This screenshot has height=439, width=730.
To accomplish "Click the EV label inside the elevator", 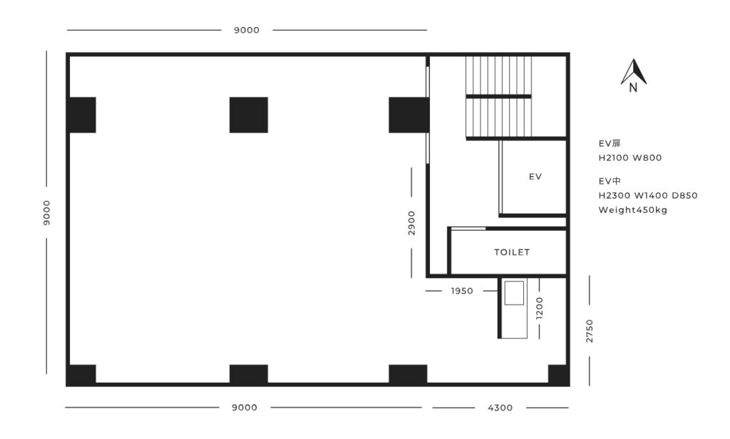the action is (535, 177).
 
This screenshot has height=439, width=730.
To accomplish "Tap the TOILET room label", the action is (512, 252).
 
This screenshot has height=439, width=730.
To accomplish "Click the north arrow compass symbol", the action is (633, 75).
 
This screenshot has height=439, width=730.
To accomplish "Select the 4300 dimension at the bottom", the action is (500, 408).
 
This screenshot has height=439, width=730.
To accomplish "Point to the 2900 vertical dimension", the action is (411, 223).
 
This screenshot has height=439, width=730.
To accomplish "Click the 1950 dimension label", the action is (462, 291).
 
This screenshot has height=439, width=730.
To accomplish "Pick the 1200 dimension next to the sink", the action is (540, 308).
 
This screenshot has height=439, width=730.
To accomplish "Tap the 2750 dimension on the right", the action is (590, 331).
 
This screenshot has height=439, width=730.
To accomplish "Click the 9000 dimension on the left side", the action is (46, 213).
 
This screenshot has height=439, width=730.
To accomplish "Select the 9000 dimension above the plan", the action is (247, 30).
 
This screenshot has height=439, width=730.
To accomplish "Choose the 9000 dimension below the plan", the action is (245, 408).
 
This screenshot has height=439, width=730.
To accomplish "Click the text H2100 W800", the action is (630, 157).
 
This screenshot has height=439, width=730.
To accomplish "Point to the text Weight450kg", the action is (633, 210).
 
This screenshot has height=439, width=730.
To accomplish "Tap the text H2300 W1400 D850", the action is (648, 195).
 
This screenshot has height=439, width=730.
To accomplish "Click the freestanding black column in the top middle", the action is (249, 115).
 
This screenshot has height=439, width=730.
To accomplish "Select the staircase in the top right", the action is (498, 98).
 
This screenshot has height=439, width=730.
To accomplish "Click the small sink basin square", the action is (514, 294).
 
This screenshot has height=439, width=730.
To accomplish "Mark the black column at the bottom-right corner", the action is (557, 375).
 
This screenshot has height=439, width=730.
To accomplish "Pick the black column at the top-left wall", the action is (83, 115).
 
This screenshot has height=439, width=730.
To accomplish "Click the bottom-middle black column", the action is (249, 374).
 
